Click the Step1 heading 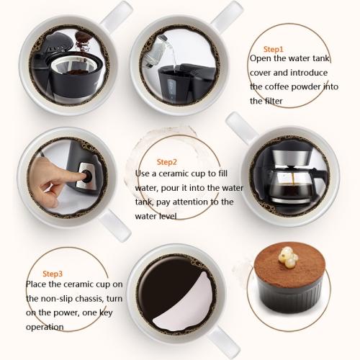pos(274,49)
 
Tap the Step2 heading pos(166,162)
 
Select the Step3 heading pos(53,274)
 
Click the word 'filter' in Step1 pos(274,101)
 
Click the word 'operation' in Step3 pos(45,327)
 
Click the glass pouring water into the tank pos(156,52)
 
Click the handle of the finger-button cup pos(114,225)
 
